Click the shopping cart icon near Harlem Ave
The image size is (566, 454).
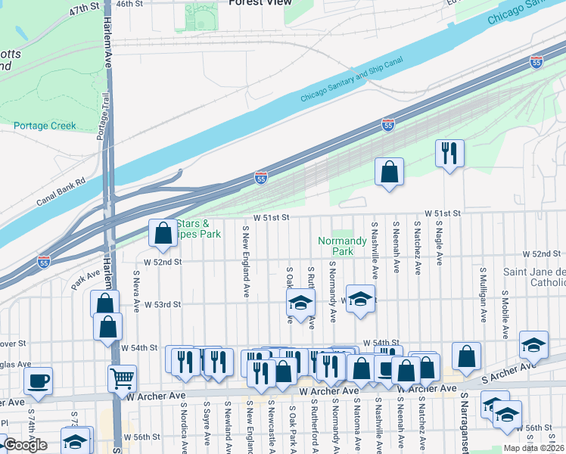click(x=122, y=378)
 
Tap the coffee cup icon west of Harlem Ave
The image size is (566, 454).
click(x=38, y=381)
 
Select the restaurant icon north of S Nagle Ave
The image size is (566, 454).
click(x=449, y=154)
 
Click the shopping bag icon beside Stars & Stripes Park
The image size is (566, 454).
click(x=163, y=233)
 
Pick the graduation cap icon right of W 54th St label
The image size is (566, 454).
click(x=533, y=344)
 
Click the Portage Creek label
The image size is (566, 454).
click(x=45, y=126)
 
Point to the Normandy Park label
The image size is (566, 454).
click(x=342, y=246)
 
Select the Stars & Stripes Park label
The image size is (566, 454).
click(x=198, y=229)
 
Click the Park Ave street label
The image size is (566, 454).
click(x=87, y=281)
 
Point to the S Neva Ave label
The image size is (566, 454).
click(x=137, y=292)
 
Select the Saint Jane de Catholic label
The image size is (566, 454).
click(x=534, y=277)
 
